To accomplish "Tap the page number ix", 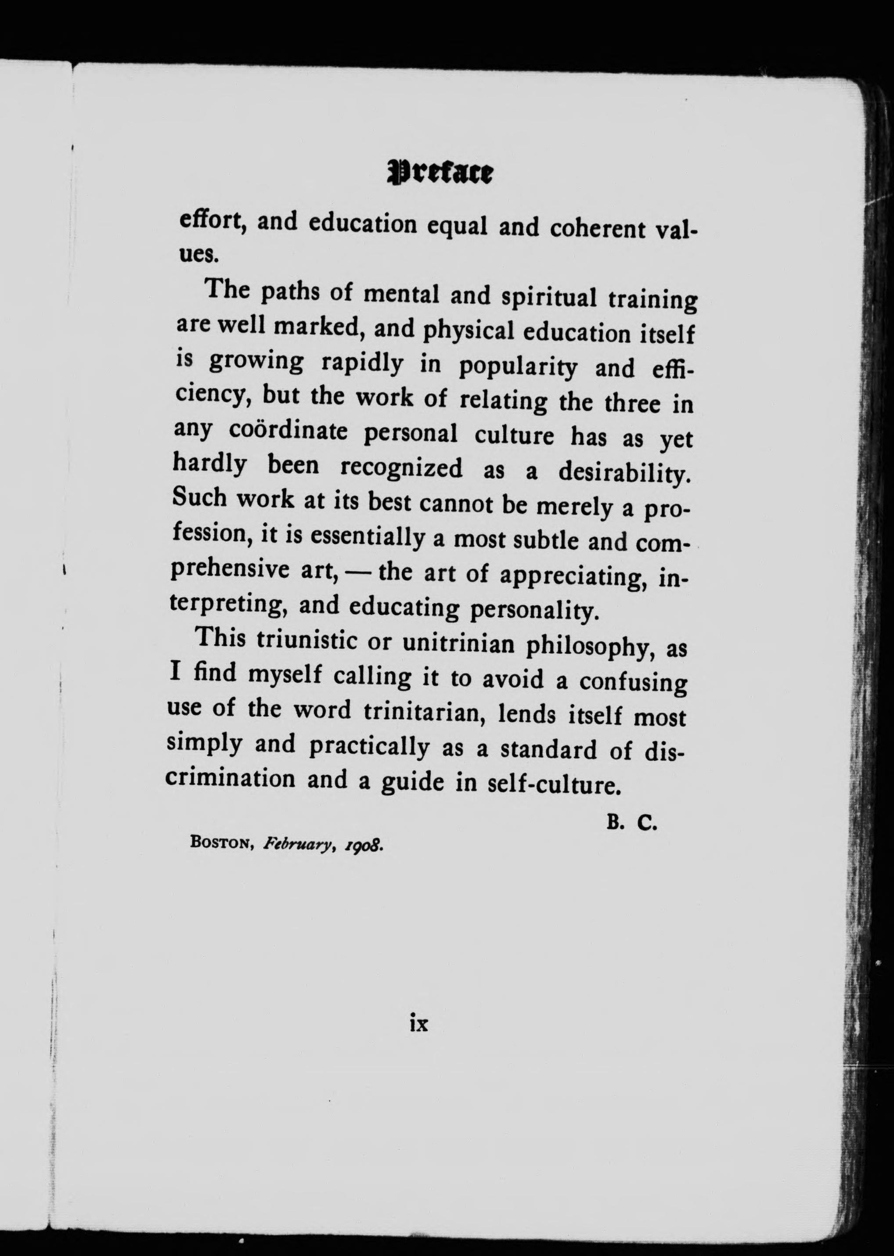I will pos(419,1024).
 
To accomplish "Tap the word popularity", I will pos(518,367).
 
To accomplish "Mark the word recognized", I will pos(401,468).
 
